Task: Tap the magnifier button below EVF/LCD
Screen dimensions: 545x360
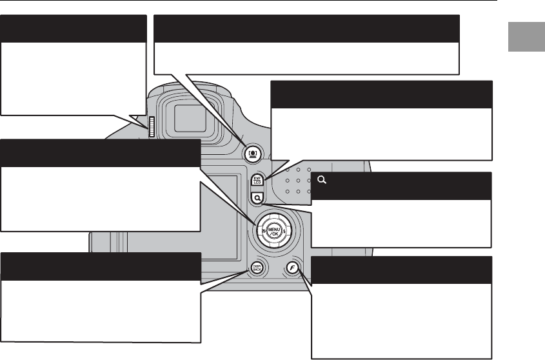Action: [x=257, y=199]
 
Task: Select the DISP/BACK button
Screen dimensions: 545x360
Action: [x=256, y=267]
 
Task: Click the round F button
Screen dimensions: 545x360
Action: [x=294, y=267]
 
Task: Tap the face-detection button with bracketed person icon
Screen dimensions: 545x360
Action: [x=252, y=152]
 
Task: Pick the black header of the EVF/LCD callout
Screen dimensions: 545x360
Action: [x=381, y=94]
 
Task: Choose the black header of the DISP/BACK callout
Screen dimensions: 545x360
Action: [x=100, y=266]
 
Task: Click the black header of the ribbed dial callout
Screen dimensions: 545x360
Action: [x=73, y=28]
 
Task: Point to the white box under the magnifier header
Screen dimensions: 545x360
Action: [x=401, y=223]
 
